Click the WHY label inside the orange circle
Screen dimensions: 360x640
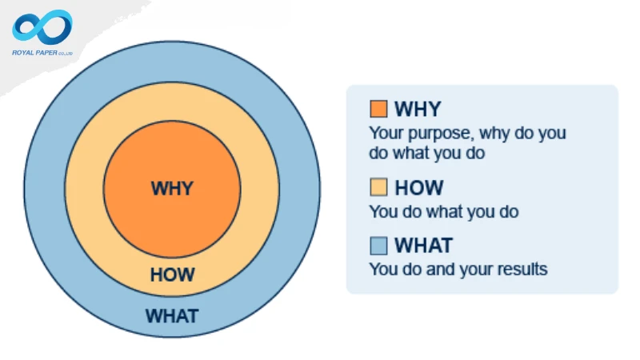point(172,190)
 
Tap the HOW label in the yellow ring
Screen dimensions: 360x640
point(172,274)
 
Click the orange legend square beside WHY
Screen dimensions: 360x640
point(378,109)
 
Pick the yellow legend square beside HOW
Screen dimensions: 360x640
point(378,188)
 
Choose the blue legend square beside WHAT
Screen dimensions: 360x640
point(378,245)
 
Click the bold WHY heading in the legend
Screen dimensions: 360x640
point(418,109)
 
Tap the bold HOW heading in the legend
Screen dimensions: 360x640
point(418,188)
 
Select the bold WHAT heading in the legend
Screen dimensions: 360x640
point(423,245)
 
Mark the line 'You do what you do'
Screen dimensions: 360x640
point(443,212)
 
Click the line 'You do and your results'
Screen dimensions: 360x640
point(458,269)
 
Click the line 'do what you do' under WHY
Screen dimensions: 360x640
point(426,152)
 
